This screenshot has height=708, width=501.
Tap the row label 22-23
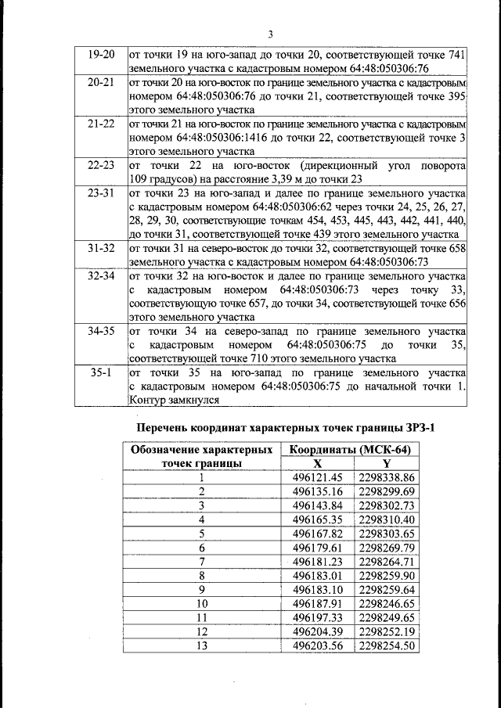pyautogui.click(x=101, y=166)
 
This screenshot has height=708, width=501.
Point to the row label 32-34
pyautogui.click(x=101, y=277)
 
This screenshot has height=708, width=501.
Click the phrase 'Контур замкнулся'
pyautogui.click(x=173, y=400)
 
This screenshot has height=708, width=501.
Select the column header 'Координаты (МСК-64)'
pyautogui.click(x=350, y=450)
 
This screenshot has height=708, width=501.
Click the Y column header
pyautogui.click(x=386, y=463)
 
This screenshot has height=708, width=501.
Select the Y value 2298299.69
pyautogui.click(x=386, y=491)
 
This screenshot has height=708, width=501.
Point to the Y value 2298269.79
pyautogui.click(x=386, y=547)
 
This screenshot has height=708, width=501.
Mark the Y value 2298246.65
pyautogui.click(x=386, y=603)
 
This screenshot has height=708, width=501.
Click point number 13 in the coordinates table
pyautogui.click(x=202, y=645)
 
